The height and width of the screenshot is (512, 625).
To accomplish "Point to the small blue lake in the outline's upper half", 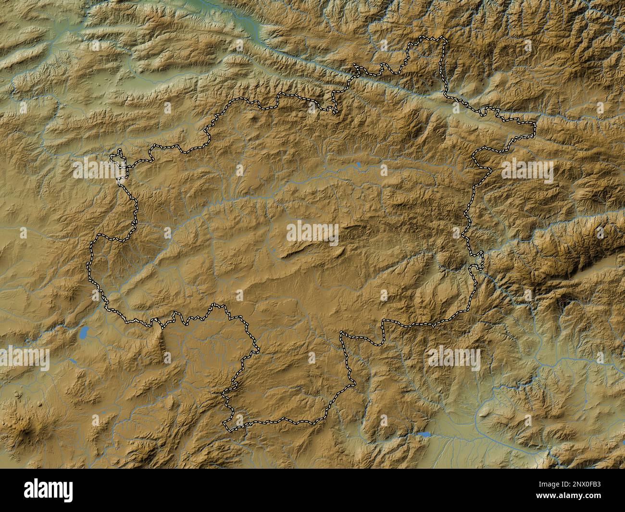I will click(358, 166).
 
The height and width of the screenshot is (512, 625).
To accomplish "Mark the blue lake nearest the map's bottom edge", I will click(424, 435).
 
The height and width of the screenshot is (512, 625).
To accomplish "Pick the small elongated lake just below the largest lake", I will click(72, 360).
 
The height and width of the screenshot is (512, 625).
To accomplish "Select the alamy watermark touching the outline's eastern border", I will click(527, 172).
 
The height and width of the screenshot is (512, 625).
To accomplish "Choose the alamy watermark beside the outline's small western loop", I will click(99, 169).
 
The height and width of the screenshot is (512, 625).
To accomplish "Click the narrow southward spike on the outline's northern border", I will click(335, 111).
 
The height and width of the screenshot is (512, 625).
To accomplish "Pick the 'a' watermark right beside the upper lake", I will click(384, 170).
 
